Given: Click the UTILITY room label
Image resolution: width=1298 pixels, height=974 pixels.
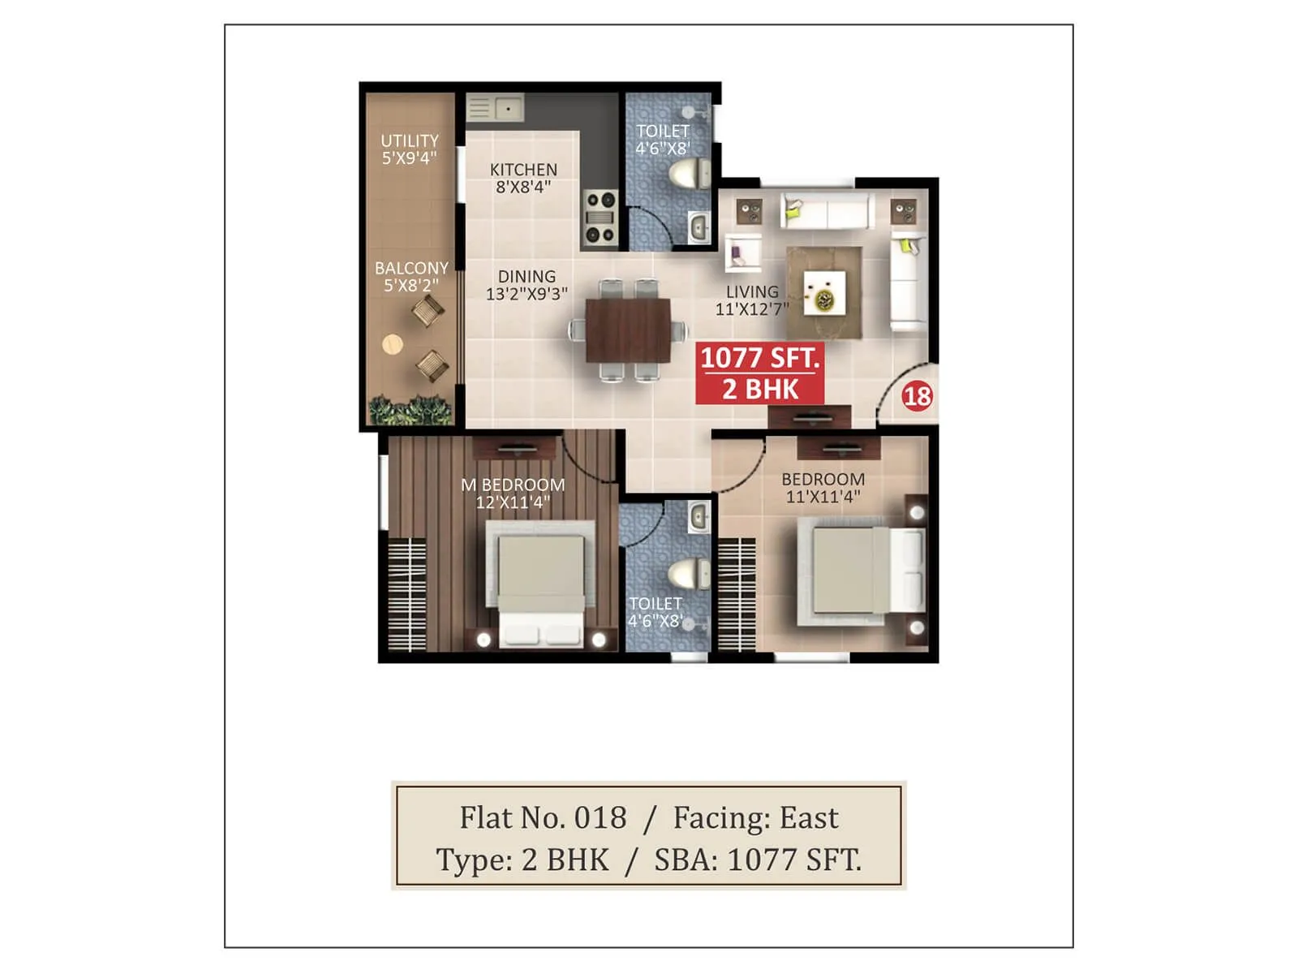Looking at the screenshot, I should (410, 149).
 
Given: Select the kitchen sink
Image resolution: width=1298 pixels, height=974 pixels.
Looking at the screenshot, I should (494, 108).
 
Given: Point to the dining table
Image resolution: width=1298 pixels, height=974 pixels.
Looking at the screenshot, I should (629, 330).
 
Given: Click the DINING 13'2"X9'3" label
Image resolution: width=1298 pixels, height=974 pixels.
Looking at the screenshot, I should (527, 285).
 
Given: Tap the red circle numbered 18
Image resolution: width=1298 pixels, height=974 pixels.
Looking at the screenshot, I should (918, 396).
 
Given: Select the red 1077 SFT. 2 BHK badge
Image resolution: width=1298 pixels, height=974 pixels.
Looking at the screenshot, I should (760, 373).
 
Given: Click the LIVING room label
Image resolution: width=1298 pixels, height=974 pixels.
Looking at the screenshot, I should (752, 300).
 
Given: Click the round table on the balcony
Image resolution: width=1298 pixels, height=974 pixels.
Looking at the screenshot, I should (393, 344).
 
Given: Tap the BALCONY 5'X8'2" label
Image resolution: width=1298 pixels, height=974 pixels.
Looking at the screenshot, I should (411, 277).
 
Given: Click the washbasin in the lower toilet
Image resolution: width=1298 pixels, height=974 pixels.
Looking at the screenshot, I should (698, 517).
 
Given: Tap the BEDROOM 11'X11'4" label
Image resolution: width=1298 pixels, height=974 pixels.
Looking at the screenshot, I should (823, 488).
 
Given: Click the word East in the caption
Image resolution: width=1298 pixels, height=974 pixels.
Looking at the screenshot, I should (809, 818).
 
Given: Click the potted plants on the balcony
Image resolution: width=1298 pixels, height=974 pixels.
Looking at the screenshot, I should (410, 411).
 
